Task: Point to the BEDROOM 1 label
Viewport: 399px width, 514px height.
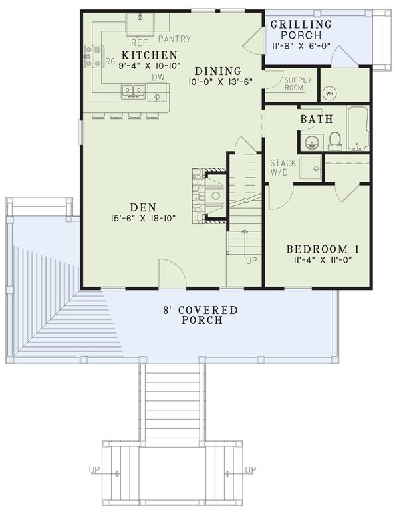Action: pos(323,249)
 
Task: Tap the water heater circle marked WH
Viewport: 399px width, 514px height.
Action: pos(330,92)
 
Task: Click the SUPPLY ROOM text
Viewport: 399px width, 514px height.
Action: pos(294,84)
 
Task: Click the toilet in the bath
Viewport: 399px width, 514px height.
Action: pos(334,139)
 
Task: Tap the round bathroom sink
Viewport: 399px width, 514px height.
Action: pos(310,140)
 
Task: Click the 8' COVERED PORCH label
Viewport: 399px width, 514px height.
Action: pos(201,315)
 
